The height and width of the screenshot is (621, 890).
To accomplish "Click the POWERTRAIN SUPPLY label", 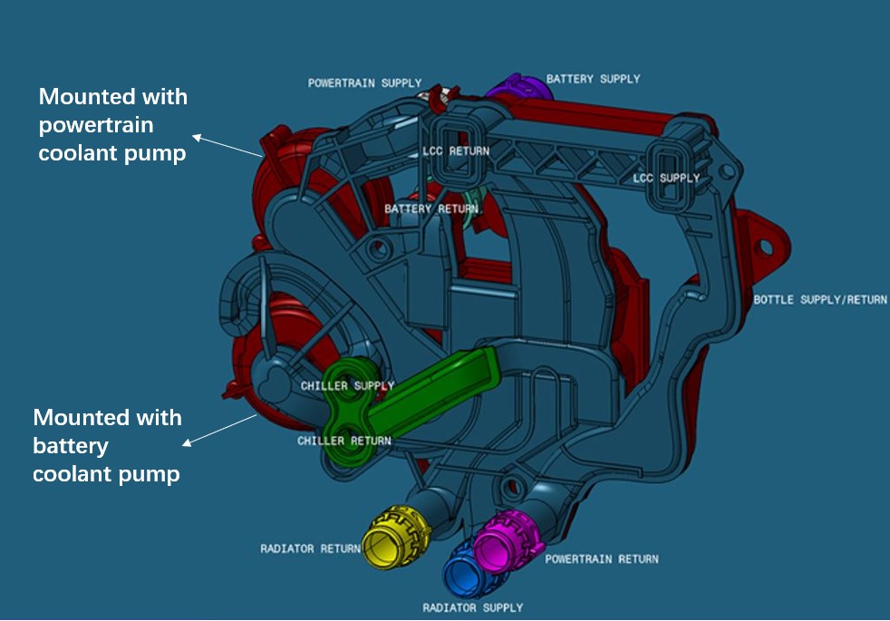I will pos(364,83).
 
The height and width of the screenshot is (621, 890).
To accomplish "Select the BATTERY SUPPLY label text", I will pos(593,79).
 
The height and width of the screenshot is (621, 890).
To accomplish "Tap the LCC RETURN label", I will pos(456,150).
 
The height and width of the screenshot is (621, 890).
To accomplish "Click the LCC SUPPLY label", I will pos(666,178).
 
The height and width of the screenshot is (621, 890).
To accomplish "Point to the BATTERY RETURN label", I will pos(430,209).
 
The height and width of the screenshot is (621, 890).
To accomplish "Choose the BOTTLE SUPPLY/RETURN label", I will pos(820,300).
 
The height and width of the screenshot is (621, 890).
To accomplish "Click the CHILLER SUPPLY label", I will pos(348,386).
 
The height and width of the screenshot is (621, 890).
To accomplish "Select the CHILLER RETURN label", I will pos(344,441).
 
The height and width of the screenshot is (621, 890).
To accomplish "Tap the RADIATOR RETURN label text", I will pos(310,548).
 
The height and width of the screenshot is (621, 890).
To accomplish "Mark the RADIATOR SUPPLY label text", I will pos(472,607).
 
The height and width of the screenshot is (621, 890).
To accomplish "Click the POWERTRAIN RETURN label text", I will pos(602,558).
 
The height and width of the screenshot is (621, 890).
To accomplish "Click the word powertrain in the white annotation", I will pos(96,125).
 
